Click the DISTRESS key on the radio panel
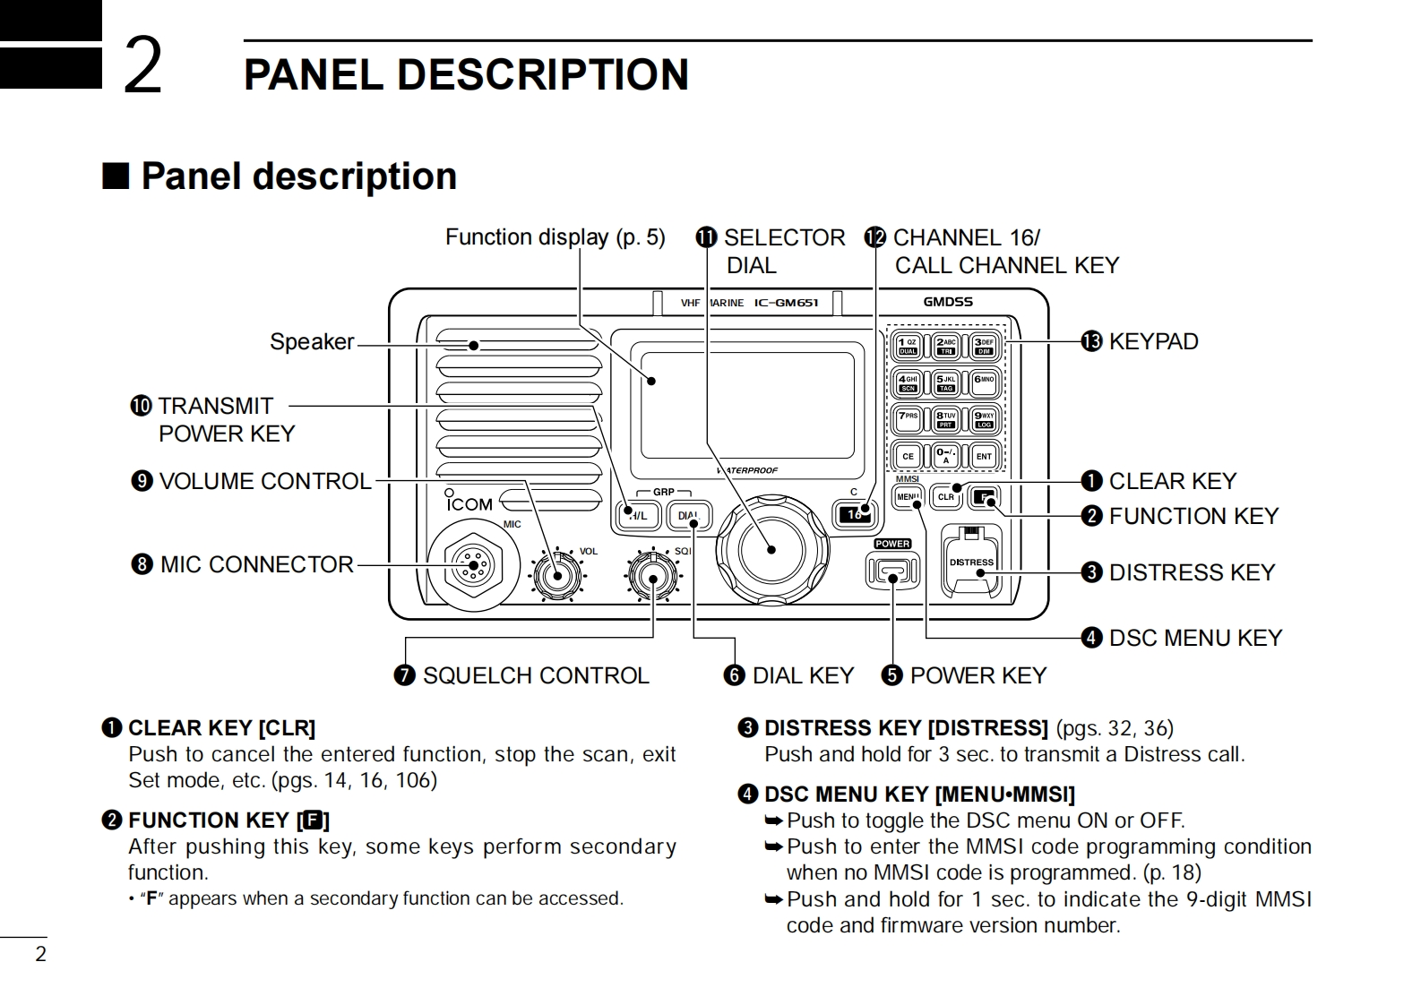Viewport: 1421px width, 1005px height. coord(971,563)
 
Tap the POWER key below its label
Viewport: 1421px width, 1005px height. coord(892,571)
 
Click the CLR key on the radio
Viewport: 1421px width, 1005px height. coord(947,496)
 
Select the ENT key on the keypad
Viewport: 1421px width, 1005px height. coord(984,456)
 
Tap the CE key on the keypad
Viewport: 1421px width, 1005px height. coord(908,456)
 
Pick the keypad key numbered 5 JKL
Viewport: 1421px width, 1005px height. coord(946,382)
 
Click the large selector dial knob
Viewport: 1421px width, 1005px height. coord(771,549)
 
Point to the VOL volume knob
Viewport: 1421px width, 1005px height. coord(557,575)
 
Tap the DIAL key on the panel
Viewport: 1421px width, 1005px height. coord(688,516)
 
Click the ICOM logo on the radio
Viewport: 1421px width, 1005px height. coord(469,504)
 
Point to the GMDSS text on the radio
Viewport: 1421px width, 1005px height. coord(947,302)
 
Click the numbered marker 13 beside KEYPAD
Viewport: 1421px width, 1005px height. coord(1090,341)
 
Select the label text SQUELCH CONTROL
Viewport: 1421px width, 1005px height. coord(535,675)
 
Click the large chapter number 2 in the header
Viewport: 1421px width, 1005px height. coord(142,65)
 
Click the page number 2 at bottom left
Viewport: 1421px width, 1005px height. coord(40,954)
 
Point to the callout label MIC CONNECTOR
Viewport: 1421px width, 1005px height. coord(256,564)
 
